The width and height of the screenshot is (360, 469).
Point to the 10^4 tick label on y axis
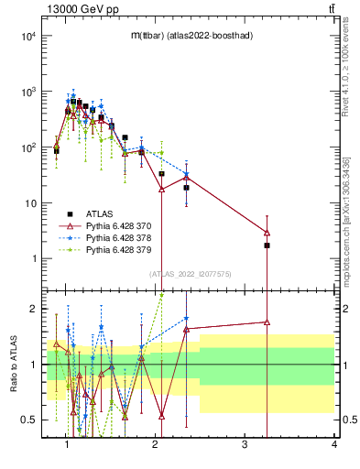27,37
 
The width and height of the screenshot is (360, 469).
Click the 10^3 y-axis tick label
27,93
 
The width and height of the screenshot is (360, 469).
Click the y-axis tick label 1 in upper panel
34,259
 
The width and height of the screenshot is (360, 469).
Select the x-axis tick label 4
333,446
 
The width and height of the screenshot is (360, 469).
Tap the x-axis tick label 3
245,446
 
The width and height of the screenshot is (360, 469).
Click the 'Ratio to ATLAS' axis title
12,364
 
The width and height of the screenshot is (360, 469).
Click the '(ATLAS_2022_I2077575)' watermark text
190,274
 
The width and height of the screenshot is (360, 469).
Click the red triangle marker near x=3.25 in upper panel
267,233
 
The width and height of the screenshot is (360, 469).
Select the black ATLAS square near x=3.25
267,245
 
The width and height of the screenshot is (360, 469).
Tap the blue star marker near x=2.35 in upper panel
186,175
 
